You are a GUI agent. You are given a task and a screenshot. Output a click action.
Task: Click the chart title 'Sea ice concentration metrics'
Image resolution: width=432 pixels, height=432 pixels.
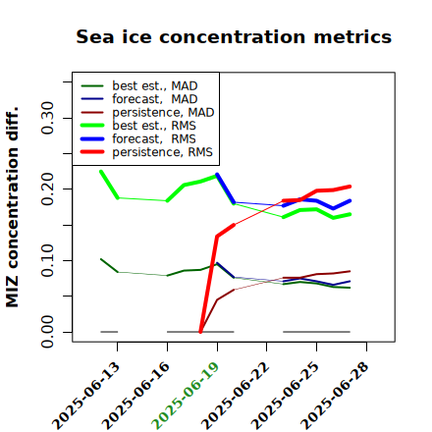point(234,36)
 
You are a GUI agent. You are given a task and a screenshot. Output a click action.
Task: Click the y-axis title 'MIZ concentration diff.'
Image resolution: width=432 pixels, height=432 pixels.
point(13,207)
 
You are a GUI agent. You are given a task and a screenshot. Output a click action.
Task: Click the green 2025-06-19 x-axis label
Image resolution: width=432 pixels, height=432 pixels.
point(186,396)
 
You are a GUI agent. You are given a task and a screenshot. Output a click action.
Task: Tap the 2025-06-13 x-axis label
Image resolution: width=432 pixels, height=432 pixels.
point(85,396)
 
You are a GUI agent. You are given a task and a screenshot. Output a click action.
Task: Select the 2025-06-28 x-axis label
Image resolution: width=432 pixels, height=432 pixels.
point(335,396)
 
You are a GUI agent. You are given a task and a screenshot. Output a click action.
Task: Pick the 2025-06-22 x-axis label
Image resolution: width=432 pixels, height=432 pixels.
point(235,396)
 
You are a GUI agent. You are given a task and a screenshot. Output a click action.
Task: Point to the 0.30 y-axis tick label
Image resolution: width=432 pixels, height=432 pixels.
point(47,118)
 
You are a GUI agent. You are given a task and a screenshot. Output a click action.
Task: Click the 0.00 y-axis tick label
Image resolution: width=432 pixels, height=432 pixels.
point(47,332)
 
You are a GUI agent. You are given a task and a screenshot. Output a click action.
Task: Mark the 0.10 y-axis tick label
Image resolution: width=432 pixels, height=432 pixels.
point(47,260)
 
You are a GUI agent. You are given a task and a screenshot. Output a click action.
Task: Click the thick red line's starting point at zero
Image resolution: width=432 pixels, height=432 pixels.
point(200,332)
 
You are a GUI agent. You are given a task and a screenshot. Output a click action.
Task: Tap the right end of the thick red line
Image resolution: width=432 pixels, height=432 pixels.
point(350,187)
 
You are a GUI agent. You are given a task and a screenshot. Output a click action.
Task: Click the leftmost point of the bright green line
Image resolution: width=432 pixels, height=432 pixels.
point(101,171)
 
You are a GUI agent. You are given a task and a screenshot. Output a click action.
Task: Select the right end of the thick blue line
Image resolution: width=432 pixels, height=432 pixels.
point(350,200)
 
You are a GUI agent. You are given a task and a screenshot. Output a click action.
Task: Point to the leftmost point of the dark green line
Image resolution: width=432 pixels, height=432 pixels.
point(101,259)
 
